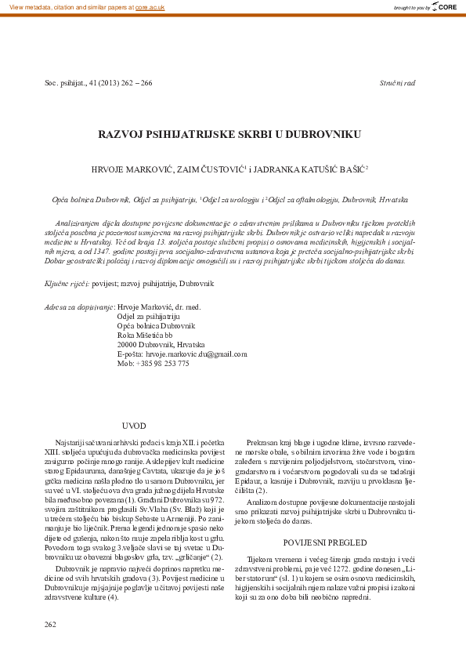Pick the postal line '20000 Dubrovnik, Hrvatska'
pos(161,344)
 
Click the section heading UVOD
pos(135,426)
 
